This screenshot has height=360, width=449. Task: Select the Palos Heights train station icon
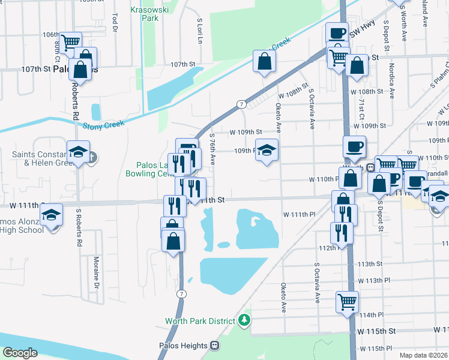tap(214, 346)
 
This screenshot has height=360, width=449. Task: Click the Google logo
tap(20, 353)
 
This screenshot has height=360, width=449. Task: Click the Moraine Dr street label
tap(96, 272)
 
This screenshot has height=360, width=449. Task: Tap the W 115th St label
tap(377, 331)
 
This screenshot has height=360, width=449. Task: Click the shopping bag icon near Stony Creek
tap(264, 61)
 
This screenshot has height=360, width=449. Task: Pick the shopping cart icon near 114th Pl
tap(346, 301)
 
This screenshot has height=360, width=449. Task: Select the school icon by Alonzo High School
tap(52, 214)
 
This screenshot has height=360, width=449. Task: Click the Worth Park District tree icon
tap(244, 320)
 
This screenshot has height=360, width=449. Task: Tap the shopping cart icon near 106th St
tap(71, 41)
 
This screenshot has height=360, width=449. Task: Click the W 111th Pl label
tap(299, 214)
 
